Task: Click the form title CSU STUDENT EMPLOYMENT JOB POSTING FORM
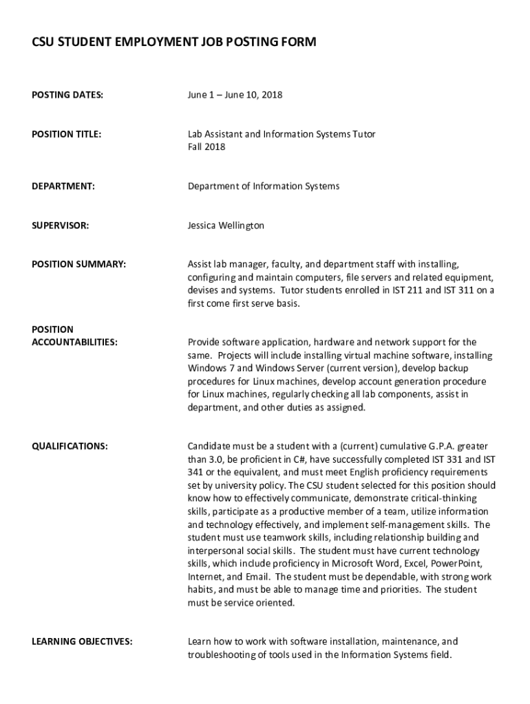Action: (174, 43)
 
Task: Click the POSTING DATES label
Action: (67, 95)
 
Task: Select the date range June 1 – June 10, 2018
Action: (235, 95)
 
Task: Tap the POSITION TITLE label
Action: (66, 134)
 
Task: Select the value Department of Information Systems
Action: (264, 186)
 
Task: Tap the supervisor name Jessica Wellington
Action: (226, 225)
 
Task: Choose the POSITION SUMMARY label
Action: (78, 264)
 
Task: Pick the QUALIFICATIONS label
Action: (70, 446)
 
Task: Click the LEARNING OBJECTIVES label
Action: (82, 641)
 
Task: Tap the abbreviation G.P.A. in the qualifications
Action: (425, 446)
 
